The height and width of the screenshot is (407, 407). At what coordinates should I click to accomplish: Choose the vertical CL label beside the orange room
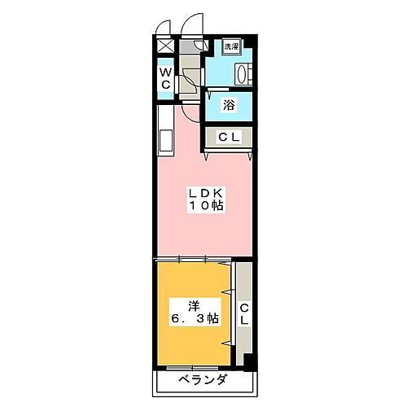point(243,313)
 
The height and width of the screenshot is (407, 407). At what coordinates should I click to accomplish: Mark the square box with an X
point(164,46)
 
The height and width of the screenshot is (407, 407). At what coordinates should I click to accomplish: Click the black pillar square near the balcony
point(250,359)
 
